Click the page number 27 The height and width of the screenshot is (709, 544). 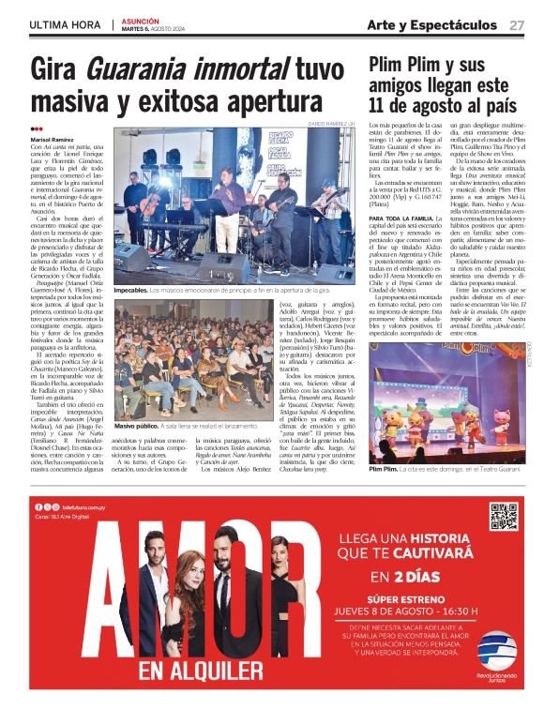click(516, 25)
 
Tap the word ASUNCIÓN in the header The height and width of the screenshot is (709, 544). click(141, 20)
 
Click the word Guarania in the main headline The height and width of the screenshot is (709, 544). click(141, 70)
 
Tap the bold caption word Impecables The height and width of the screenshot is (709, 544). click(130, 291)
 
